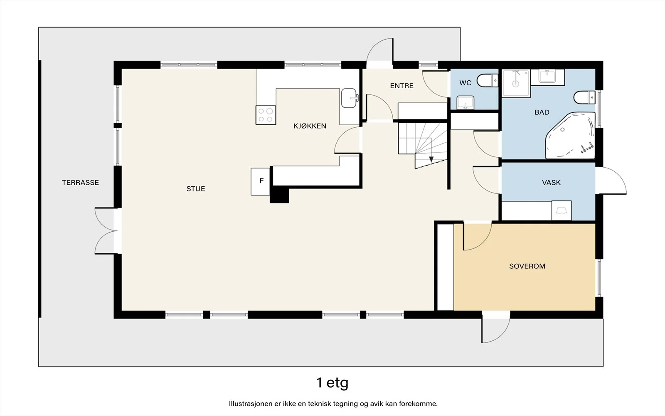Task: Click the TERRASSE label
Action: (x=81, y=183)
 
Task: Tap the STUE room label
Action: (x=196, y=189)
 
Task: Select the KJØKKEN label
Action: (x=310, y=126)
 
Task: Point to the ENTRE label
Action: (x=401, y=86)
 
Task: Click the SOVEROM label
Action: (x=527, y=266)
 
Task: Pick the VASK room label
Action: (x=551, y=183)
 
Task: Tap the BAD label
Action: (x=542, y=112)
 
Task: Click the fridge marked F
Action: (x=260, y=181)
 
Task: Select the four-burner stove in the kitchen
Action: (x=266, y=115)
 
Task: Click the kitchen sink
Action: (x=350, y=98)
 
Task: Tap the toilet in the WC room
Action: (x=487, y=80)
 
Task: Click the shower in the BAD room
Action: (x=516, y=83)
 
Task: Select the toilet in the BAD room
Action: (x=584, y=97)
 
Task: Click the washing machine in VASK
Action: (x=562, y=210)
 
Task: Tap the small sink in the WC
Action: (x=465, y=102)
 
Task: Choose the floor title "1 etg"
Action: (x=332, y=383)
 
